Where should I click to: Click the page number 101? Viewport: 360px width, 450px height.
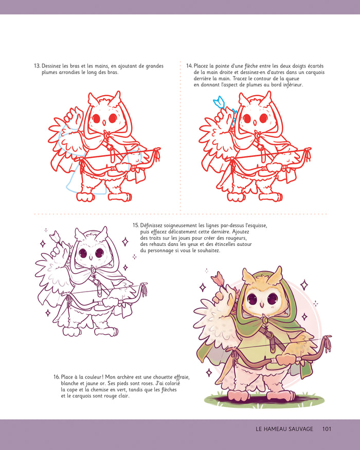(x=330, y=429)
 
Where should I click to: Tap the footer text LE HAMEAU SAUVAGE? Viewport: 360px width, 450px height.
(x=284, y=429)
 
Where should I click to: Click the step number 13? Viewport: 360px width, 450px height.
(x=37, y=66)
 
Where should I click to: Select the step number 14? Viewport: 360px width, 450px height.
(x=189, y=66)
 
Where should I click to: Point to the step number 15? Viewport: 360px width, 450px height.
(x=136, y=225)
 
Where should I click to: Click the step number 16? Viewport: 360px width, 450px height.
(x=57, y=377)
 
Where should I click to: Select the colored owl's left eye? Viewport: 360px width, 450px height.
(x=252, y=299)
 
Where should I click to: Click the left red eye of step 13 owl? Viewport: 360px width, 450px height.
(x=96, y=118)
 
